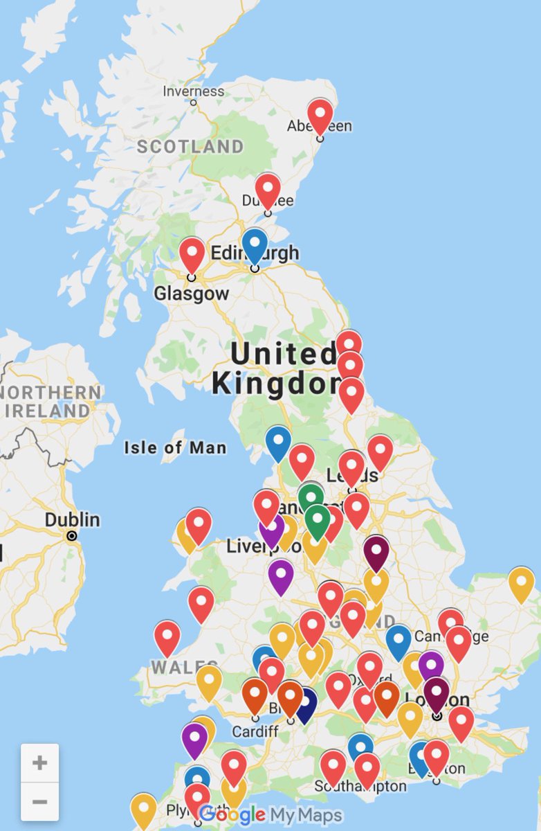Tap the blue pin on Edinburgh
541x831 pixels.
[x=255, y=244]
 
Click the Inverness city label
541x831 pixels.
[x=193, y=91]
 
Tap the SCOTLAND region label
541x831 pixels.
[x=190, y=147]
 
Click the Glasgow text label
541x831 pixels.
[x=191, y=294]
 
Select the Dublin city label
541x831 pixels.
[x=73, y=519]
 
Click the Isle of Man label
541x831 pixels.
[x=175, y=448]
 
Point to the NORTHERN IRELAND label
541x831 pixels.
[x=52, y=401]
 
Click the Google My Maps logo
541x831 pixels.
[x=270, y=815]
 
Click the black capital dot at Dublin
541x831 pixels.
[x=71, y=536]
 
